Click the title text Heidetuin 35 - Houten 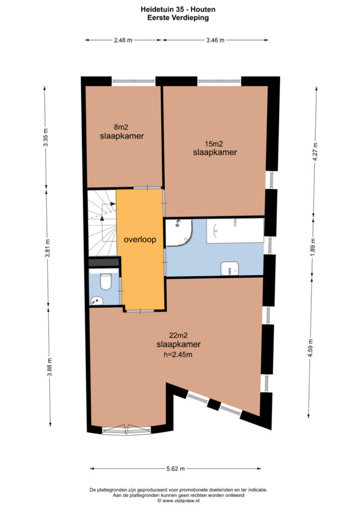click(178, 9)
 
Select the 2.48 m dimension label click(123, 40)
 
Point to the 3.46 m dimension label click(215, 40)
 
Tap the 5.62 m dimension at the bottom click(176, 468)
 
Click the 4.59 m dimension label click(311, 347)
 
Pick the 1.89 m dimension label click(313, 248)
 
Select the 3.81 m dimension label click(48, 249)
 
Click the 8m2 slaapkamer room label click(122, 132)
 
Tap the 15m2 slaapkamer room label click(215, 148)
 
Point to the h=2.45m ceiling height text click(178, 354)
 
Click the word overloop click(140, 240)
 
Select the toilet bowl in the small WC click(105, 281)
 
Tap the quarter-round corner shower click(179, 232)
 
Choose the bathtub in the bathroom click(235, 231)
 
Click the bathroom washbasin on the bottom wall click(230, 268)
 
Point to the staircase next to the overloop click(102, 223)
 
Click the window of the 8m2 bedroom click(133, 81)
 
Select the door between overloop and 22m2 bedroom click(140, 311)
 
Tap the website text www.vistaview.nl click(181, 501)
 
